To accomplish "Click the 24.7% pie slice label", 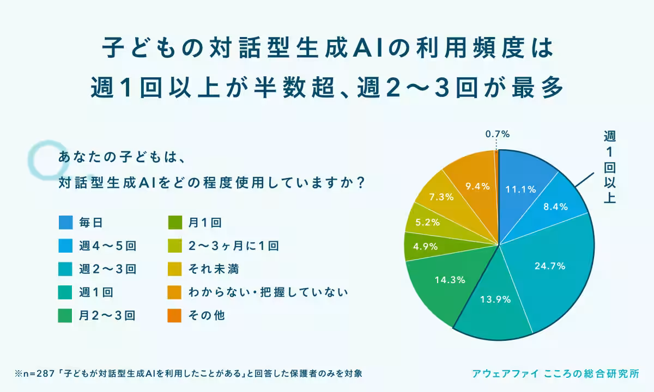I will [550, 266].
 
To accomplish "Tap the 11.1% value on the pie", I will [521, 189].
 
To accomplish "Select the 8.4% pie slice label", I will [555, 206].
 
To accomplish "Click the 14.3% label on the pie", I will [450, 280].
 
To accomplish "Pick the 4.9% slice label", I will [425, 246].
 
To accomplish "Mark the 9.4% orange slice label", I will [477, 186].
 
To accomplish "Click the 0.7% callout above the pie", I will [497, 133].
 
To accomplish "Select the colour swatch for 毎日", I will [65, 222].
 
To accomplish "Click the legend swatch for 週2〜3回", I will [65, 269].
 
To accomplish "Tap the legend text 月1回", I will [205, 222].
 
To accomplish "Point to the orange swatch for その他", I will [174, 315].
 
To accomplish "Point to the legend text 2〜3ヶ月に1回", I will [233, 246].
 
